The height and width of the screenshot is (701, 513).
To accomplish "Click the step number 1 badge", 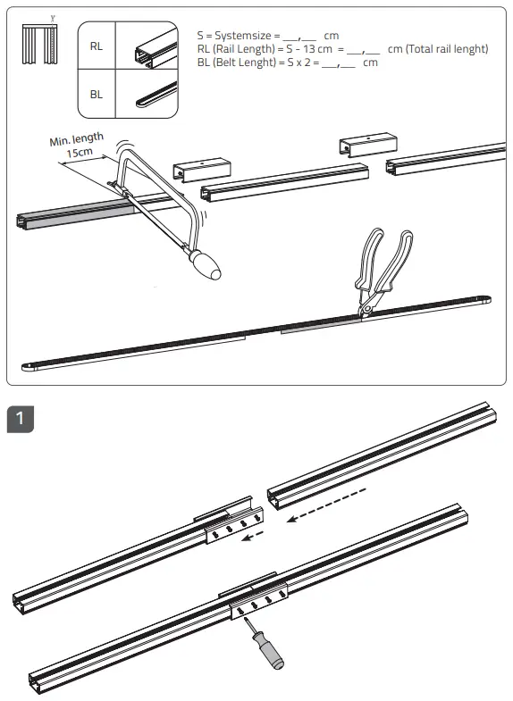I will (20, 419).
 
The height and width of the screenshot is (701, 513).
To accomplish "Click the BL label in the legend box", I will (96, 94).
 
